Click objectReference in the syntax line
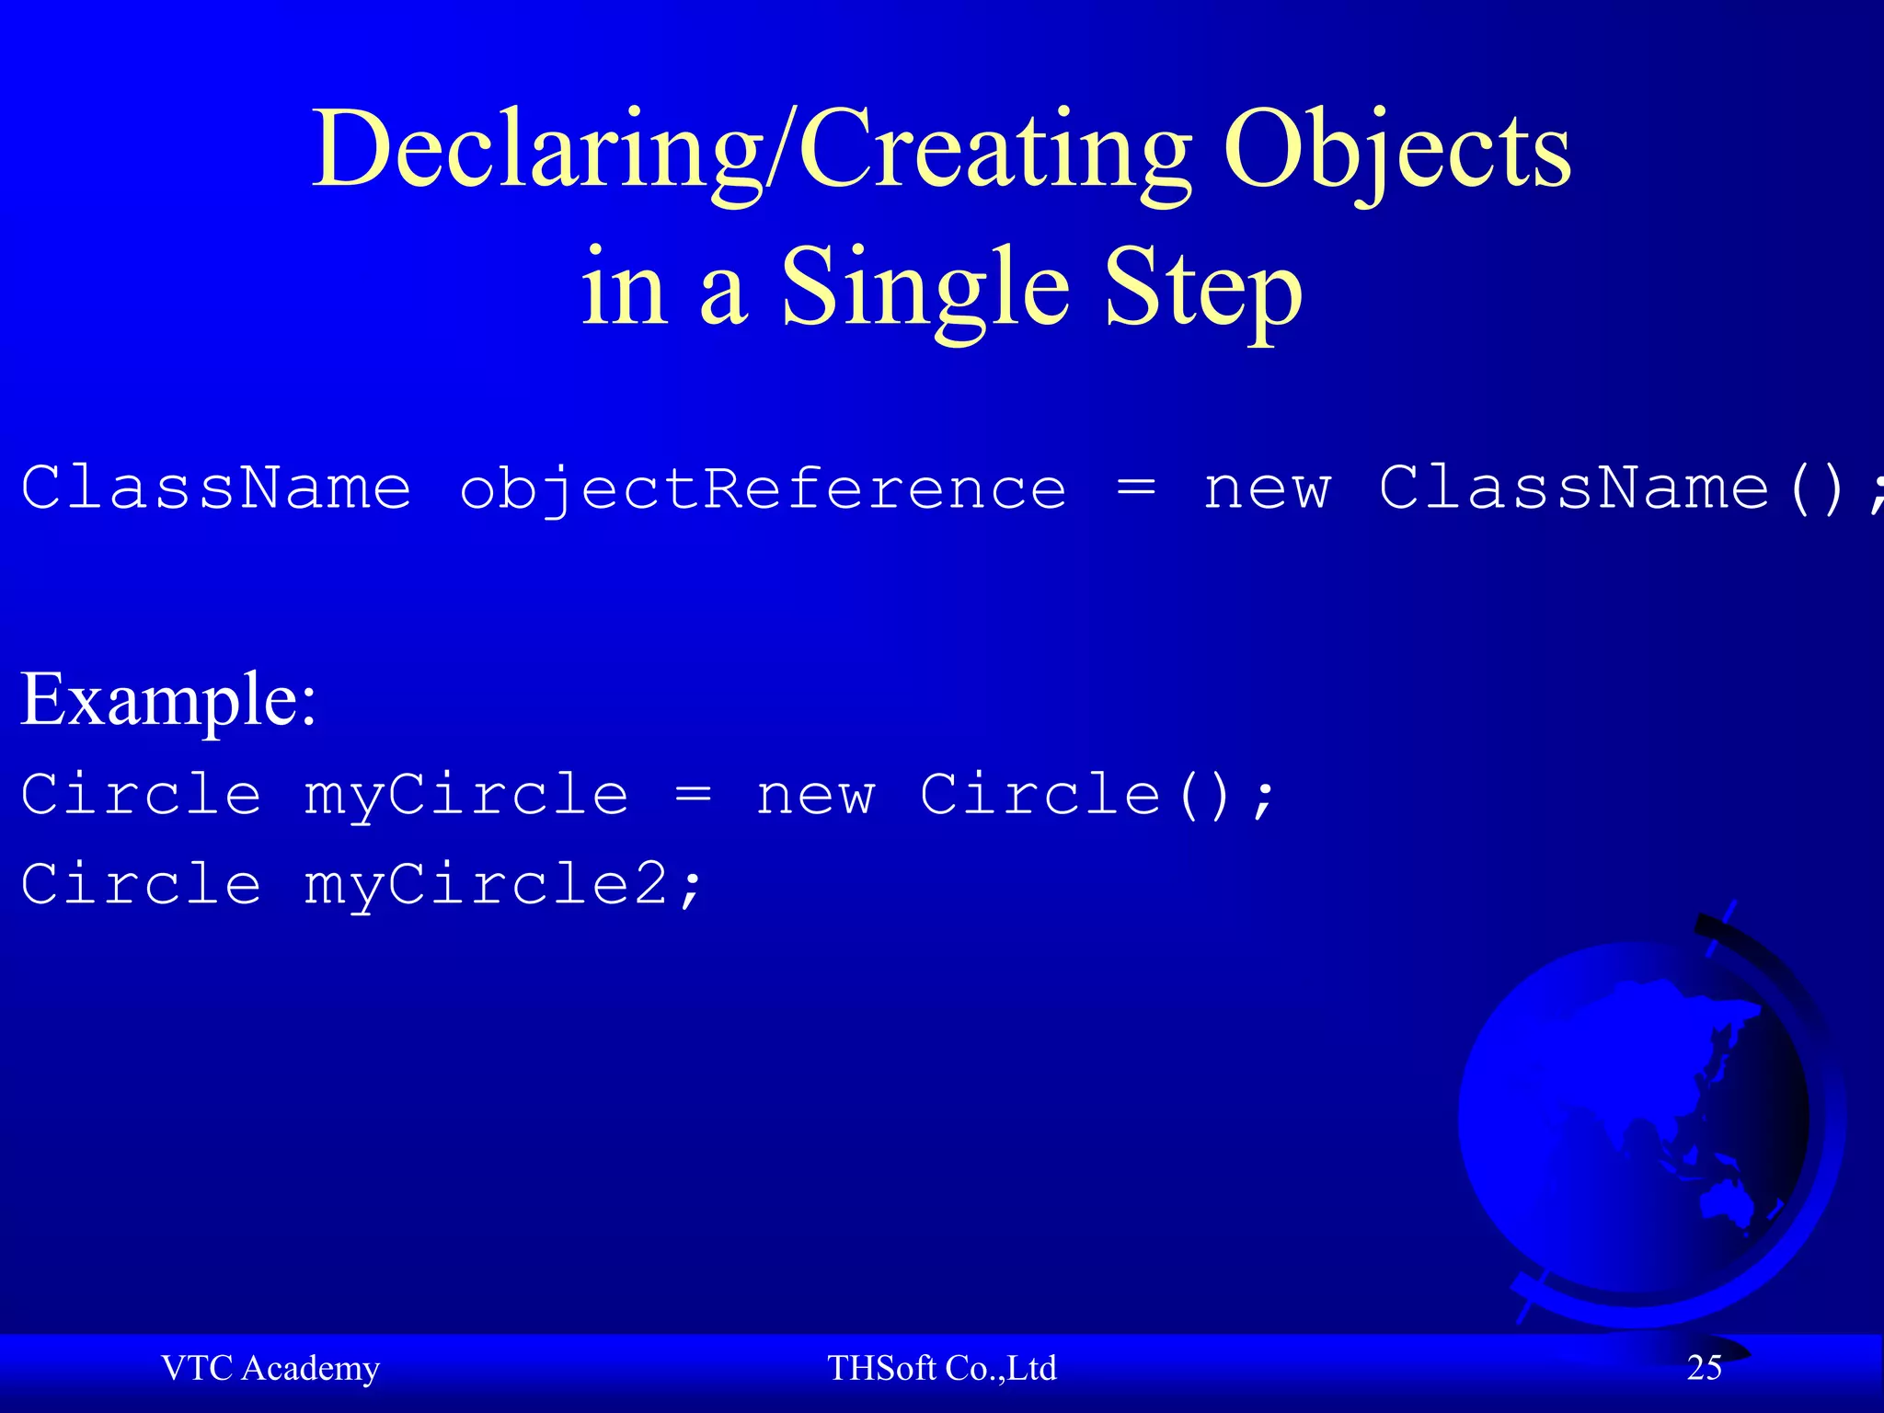[x=763, y=488]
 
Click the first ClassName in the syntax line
[x=216, y=487]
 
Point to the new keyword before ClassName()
[x=1267, y=488]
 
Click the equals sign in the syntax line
[x=1136, y=488]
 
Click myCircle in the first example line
[x=466, y=796]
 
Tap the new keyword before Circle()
[x=815, y=796]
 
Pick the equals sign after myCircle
[x=694, y=796]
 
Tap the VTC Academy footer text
[x=270, y=1368]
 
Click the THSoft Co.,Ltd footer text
[x=941, y=1368]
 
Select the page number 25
[x=1704, y=1368]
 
